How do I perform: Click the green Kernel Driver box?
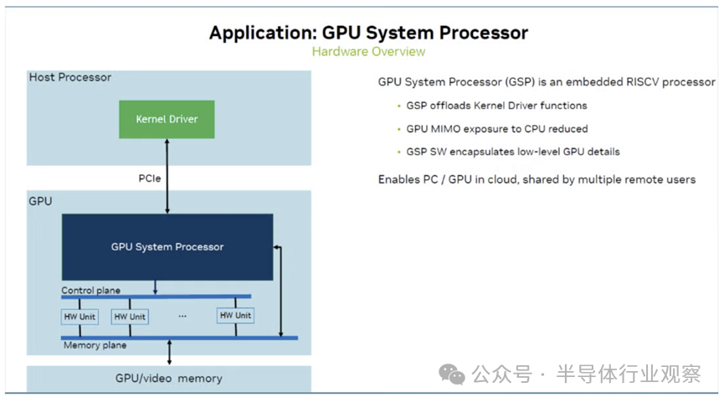(167, 119)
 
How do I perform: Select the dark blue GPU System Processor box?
(167, 247)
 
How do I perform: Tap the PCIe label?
(150, 178)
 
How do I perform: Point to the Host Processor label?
(70, 77)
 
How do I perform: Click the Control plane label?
(91, 290)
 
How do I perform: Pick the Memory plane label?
(95, 345)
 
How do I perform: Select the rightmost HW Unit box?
(235, 315)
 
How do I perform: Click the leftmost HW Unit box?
(80, 317)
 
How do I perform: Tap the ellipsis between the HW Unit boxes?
(182, 316)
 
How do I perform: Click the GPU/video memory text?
(169, 379)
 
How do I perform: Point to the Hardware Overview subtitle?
(368, 51)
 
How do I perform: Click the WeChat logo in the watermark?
(452, 374)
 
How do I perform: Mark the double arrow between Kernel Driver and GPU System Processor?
(167, 176)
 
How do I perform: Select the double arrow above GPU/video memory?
(169, 352)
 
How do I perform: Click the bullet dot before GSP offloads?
(399, 106)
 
